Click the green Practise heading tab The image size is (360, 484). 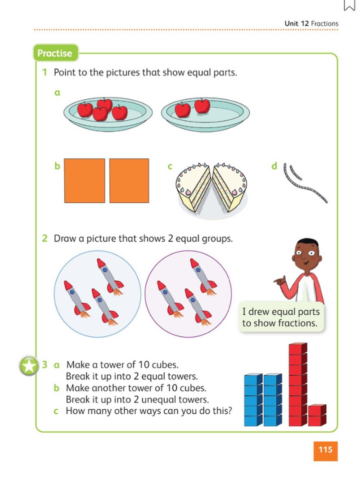(55, 53)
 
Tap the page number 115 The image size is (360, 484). (325, 450)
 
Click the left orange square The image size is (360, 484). (85, 180)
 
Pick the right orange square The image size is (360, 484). (129, 180)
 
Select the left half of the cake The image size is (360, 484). (193, 185)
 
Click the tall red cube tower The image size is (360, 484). (297, 384)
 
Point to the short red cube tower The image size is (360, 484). (317, 416)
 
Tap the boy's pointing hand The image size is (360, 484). (280, 281)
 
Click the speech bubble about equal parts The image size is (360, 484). (281, 317)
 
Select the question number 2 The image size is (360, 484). (45, 238)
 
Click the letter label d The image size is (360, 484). (274, 166)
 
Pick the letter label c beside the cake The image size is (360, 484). (170, 167)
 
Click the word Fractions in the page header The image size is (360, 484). (324, 23)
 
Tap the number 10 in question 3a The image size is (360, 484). (144, 364)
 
